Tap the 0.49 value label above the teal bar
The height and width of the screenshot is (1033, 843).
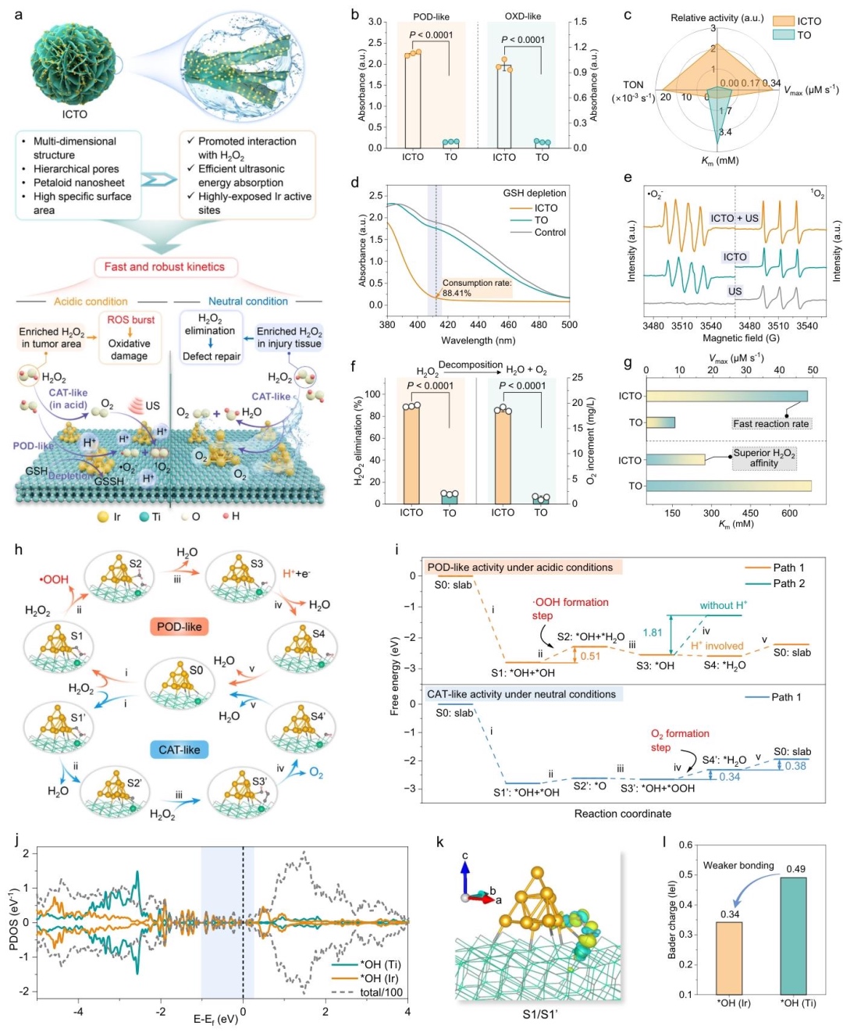click(795, 869)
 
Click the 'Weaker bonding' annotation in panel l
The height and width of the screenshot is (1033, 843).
click(738, 865)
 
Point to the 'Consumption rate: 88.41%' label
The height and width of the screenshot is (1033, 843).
click(476, 288)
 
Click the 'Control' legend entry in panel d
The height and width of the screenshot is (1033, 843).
click(550, 233)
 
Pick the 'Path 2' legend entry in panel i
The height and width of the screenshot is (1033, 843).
click(788, 583)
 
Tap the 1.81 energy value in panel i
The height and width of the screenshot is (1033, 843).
click(652, 633)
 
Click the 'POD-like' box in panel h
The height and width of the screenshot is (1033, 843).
click(179, 626)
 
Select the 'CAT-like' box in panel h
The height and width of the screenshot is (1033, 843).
click(179, 750)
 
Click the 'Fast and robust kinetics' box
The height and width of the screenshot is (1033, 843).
click(164, 267)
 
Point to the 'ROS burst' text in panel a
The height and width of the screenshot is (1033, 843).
click(130, 320)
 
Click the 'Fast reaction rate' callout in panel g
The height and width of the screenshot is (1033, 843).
click(770, 423)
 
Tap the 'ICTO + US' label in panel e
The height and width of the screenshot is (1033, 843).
click(734, 219)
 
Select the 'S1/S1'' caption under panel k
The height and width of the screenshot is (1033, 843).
click(540, 1015)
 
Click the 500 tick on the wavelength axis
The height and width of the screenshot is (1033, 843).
click(569, 325)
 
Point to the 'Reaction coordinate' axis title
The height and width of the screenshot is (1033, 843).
click(622, 814)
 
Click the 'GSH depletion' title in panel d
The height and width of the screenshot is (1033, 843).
click(535, 193)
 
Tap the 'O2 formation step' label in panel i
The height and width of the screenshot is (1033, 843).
click(679, 740)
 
